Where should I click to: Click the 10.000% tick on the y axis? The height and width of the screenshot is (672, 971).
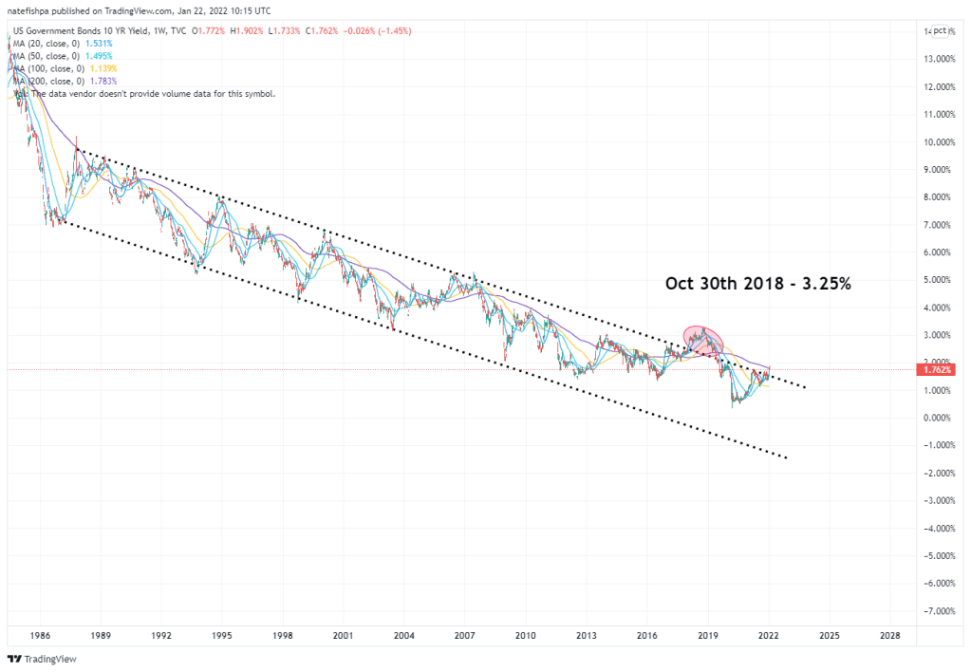[x=938, y=142]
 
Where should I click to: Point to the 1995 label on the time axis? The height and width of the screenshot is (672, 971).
[x=222, y=634]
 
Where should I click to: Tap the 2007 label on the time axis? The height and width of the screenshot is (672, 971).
[x=464, y=634]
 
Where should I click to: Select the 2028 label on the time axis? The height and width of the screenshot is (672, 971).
[x=890, y=634]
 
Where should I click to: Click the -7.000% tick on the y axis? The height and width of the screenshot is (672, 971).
[x=938, y=610]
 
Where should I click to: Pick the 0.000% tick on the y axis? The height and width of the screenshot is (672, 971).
[x=938, y=418]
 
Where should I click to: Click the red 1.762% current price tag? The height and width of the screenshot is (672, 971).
[x=938, y=369]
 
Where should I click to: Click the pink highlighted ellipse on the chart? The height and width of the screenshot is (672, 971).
[x=703, y=339]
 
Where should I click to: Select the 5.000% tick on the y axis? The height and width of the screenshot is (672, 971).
[x=938, y=280]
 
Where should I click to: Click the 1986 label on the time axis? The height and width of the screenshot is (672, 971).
[x=40, y=634]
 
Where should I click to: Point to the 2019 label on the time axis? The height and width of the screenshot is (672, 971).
[x=707, y=634]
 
